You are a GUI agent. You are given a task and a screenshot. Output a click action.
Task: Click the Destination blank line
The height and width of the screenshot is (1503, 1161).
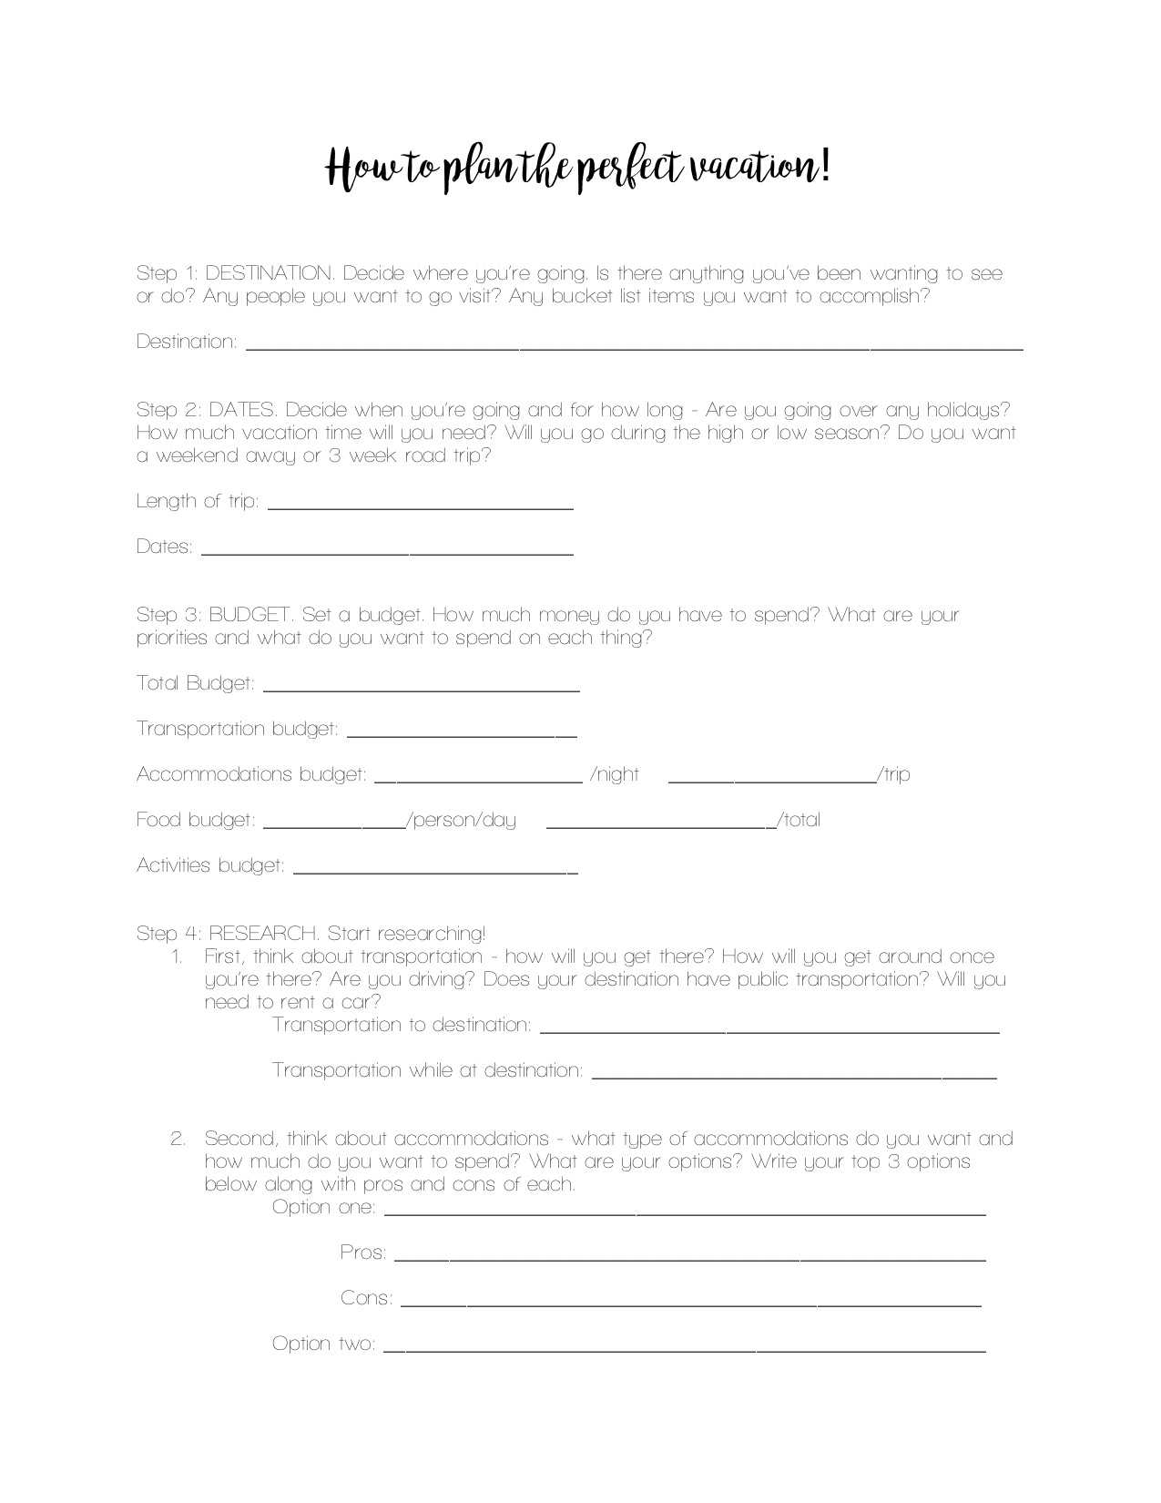[x=635, y=347]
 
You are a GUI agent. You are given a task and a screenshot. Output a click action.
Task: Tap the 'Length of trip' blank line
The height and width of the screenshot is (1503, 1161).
[x=420, y=506]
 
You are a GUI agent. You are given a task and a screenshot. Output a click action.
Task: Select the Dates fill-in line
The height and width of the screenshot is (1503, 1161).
[x=387, y=552]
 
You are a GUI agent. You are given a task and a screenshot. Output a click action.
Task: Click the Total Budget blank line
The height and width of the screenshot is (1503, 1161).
[x=421, y=690]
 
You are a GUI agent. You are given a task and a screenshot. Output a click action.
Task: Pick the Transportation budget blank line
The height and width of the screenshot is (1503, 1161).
[x=462, y=734]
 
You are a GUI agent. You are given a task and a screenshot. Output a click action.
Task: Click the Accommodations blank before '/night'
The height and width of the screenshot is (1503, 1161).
[x=478, y=780]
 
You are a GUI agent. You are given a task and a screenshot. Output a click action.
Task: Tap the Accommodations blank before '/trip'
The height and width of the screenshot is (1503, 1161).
[x=772, y=780]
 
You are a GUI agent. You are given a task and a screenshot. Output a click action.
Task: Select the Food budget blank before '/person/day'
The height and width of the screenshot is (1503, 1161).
[x=334, y=825]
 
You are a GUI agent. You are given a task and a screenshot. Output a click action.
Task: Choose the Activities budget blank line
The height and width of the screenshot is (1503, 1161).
[x=435, y=871]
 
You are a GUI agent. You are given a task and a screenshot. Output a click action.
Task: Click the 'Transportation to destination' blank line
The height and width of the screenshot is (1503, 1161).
[x=769, y=1031]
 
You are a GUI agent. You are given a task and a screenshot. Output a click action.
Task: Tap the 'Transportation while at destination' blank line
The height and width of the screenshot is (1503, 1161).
[x=794, y=1077]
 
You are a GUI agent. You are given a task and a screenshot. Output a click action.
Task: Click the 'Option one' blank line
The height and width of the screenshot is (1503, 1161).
[x=685, y=1213]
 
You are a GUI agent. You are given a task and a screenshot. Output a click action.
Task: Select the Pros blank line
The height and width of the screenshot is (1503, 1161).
[x=689, y=1259]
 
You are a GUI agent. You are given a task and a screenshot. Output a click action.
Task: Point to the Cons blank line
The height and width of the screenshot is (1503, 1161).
[x=690, y=1304]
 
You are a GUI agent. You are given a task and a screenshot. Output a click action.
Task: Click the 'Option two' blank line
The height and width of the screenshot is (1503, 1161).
[x=684, y=1350]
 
